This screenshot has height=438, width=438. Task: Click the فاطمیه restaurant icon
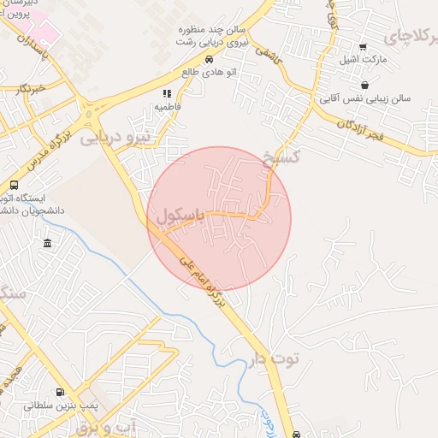tap(167, 93)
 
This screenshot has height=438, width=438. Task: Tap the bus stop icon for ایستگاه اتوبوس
tap(14, 185)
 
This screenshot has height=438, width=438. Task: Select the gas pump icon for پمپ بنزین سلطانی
tap(59, 393)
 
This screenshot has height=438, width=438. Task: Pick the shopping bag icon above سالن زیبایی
tap(365, 85)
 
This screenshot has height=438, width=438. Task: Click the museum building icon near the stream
tap(46, 245)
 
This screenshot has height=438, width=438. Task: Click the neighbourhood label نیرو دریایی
tap(115, 137)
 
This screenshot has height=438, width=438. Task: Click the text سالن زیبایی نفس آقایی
tap(365, 98)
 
